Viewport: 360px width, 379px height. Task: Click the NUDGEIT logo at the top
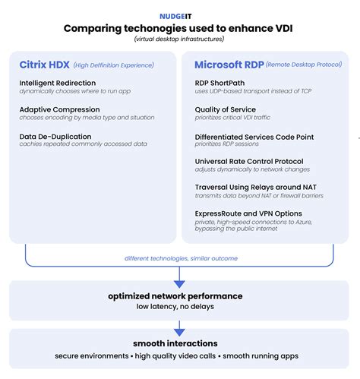(x=179, y=14)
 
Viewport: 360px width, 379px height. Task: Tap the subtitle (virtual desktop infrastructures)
(x=180, y=39)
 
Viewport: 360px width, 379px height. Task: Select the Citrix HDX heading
(x=43, y=65)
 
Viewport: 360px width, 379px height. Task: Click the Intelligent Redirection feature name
(x=58, y=82)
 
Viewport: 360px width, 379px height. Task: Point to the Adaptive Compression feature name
(x=59, y=109)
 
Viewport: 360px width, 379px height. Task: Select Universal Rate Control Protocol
(x=249, y=162)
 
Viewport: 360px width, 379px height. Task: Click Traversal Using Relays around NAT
(x=254, y=188)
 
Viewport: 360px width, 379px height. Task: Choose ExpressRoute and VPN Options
(x=248, y=214)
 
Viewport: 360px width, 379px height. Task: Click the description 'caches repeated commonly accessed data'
(x=74, y=144)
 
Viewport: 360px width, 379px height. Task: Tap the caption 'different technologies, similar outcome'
(x=180, y=258)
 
